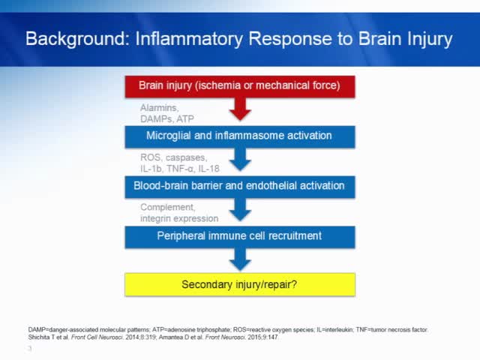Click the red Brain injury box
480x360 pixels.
[239, 85]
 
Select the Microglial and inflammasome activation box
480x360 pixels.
[239, 136]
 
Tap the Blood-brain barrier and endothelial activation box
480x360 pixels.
[239, 186]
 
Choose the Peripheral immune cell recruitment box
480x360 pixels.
[239, 235]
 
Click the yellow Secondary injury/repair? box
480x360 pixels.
[239, 285]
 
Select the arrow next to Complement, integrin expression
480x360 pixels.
[240, 211]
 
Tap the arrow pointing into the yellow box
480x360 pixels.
[240, 259]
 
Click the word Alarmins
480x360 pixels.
[158, 108]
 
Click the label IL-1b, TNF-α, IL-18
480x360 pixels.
[179, 169]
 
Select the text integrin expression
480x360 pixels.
[179, 218]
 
